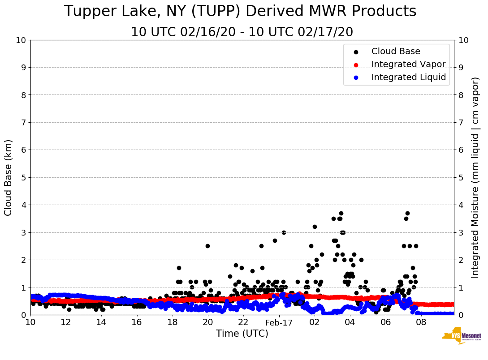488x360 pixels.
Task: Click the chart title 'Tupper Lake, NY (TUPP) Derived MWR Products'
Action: [240, 12]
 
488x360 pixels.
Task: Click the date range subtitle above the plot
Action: [242, 32]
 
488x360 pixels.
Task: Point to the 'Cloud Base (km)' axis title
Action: [9, 177]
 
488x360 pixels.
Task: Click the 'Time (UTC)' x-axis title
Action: [242, 334]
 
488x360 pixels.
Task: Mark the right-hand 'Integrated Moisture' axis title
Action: [475, 177]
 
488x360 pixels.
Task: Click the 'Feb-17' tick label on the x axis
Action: [279, 322]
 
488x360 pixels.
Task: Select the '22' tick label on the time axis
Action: [243, 322]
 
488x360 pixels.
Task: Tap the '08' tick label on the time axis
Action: [421, 322]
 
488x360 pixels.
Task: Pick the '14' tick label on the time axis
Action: [101, 322]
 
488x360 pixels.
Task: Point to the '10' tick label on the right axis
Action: [464, 40]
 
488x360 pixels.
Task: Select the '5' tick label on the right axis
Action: [462, 177]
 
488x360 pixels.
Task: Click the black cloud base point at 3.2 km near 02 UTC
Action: [315, 227]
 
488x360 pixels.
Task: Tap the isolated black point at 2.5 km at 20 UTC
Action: [207, 246]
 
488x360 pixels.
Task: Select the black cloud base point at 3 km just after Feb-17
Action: [284, 232]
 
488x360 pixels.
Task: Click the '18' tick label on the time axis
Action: [173, 322]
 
